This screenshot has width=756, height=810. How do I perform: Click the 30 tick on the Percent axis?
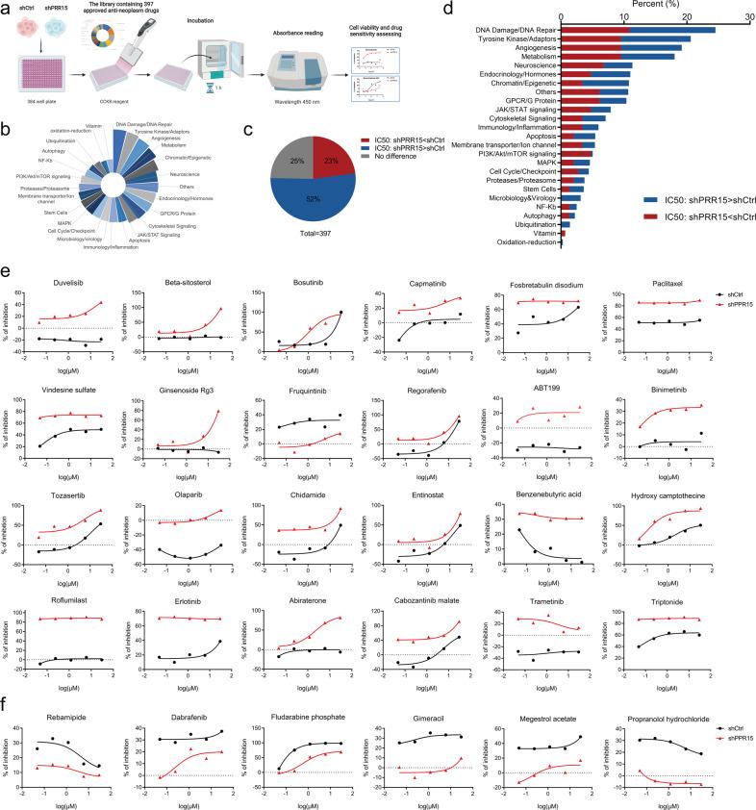coord(749,16)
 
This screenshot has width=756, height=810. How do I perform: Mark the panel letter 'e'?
coord(8,273)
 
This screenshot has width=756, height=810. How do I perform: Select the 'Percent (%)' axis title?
coord(654,6)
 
